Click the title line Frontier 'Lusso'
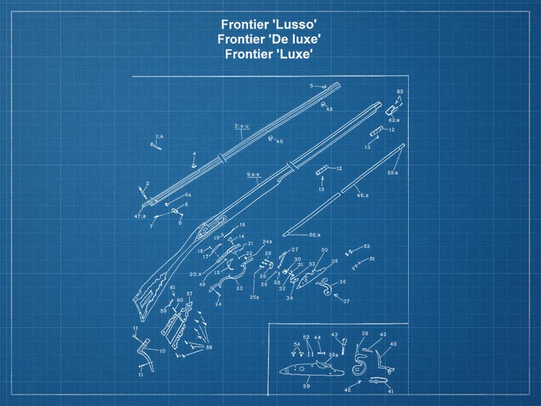point(269,25)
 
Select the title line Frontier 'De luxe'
point(269,39)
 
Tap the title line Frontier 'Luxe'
point(269,53)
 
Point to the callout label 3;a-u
point(241,126)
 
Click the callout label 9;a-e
point(254,175)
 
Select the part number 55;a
point(393,173)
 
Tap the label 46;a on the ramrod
point(362,195)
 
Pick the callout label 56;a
point(314,235)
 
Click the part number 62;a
point(394,120)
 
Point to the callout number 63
point(400,92)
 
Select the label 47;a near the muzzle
point(139,215)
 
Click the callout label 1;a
point(158,137)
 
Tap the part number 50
point(324,250)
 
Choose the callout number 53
point(366,246)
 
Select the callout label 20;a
point(195,274)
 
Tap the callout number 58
point(209,347)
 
